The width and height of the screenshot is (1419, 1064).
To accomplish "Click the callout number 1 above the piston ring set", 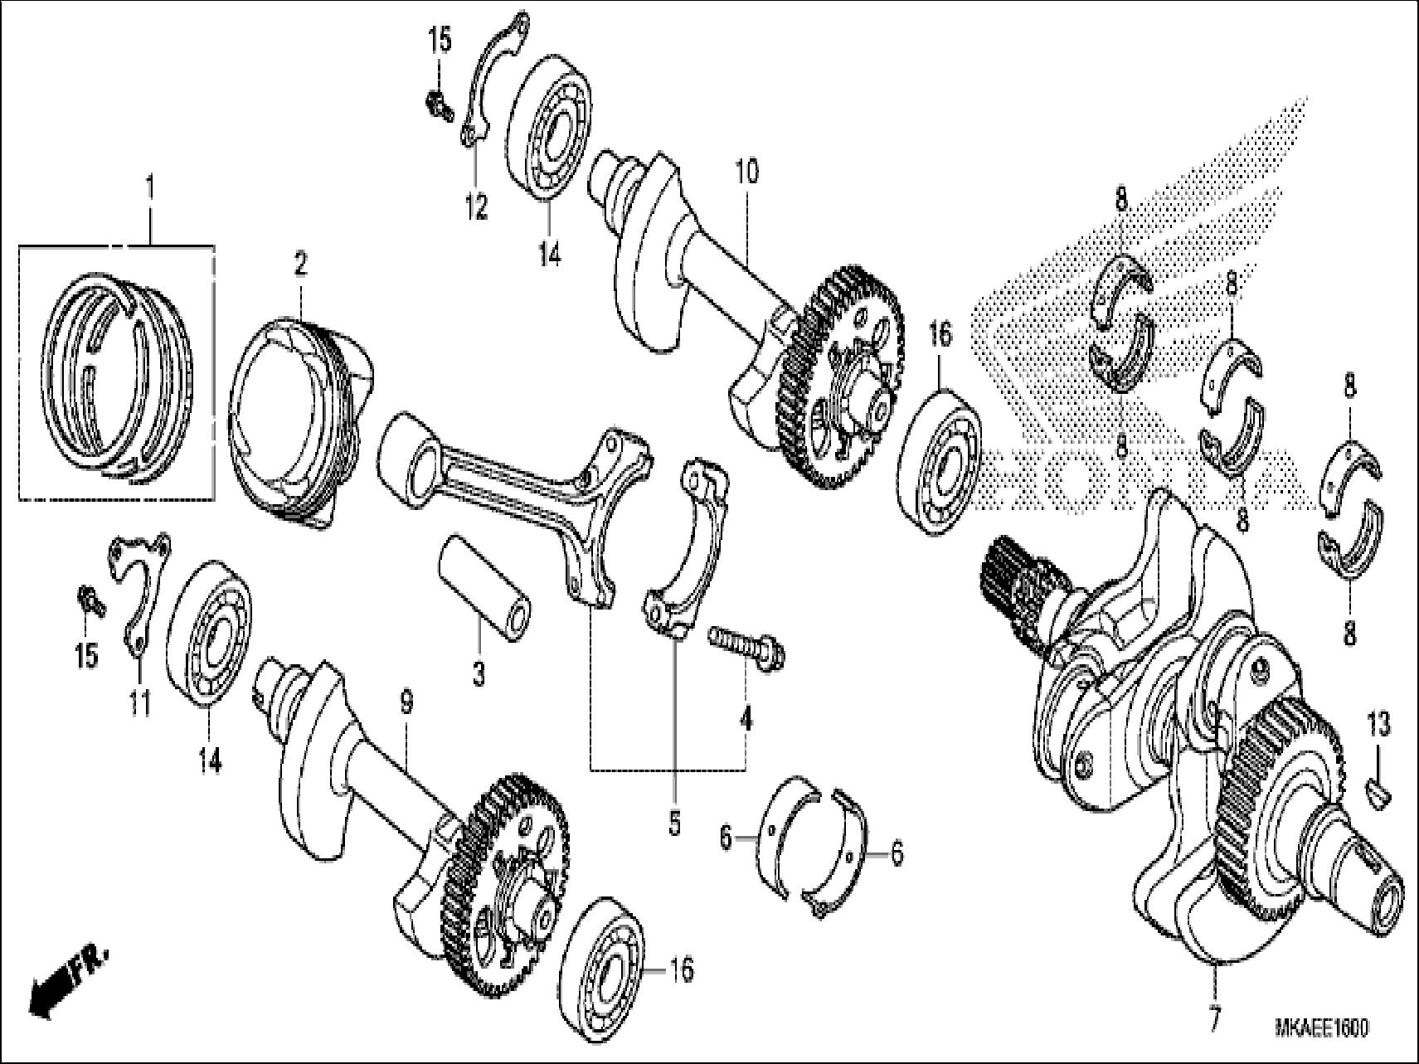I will [149, 188].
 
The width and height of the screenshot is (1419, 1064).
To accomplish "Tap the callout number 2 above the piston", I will [299, 265].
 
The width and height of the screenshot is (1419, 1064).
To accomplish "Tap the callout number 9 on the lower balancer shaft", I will [406, 703].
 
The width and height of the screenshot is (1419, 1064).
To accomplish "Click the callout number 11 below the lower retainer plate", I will [139, 704].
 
